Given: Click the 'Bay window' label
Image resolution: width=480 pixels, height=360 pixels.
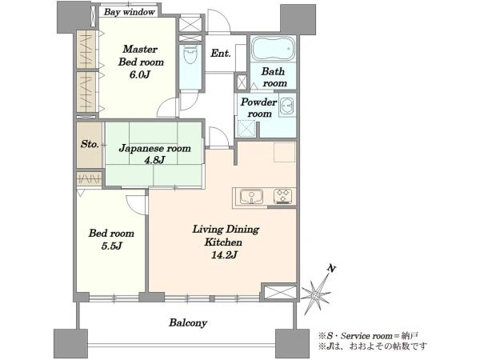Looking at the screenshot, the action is [x=129, y=12].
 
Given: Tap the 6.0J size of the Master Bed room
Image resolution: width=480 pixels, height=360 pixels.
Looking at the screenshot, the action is [x=139, y=74].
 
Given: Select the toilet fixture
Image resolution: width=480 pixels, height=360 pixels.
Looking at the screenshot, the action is [x=190, y=54].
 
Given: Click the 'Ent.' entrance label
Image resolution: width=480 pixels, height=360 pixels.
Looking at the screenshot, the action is [x=221, y=54].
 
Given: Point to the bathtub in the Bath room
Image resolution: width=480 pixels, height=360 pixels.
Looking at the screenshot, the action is [x=273, y=49].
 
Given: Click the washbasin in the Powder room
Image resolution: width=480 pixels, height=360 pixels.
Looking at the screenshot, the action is [x=287, y=106].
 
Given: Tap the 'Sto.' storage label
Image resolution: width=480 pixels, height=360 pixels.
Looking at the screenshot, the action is [x=90, y=144].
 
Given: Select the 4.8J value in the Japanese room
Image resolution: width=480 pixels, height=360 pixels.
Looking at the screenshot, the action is [x=155, y=160].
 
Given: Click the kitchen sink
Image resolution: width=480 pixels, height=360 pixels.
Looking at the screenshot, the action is [x=251, y=196].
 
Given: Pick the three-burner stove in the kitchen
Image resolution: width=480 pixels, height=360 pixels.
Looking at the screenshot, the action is [x=283, y=196].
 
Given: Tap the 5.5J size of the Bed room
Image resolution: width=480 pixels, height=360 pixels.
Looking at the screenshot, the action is [x=111, y=246].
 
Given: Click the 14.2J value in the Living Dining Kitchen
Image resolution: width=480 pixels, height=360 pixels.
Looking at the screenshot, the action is [x=224, y=254].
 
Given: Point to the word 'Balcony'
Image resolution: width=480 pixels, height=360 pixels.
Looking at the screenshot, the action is [x=188, y=323].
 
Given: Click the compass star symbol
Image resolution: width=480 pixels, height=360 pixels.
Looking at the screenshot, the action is [x=315, y=294].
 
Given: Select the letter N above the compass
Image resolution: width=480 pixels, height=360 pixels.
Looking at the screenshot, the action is [x=331, y=269].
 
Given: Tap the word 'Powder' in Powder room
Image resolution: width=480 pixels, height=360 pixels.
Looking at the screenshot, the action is [x=258, y=102].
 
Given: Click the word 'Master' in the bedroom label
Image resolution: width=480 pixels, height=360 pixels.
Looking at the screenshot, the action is [x=140, y=49].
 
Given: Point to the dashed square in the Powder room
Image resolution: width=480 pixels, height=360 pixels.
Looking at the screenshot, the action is [x=246, y=129].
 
